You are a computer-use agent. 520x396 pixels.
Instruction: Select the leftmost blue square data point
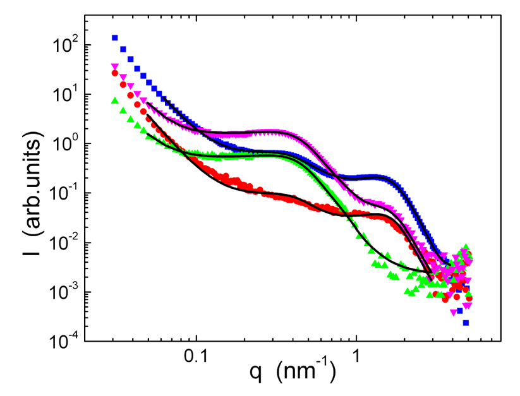click(115, 38)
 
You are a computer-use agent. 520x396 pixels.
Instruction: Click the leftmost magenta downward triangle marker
click(115, 66)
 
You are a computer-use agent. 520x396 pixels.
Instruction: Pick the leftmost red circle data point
click(115, 73)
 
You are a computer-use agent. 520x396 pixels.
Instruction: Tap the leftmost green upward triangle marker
click(115, 100)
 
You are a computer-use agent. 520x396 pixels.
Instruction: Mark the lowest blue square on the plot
click(466, 323)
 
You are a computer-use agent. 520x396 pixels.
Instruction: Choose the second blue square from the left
click(123, 49)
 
